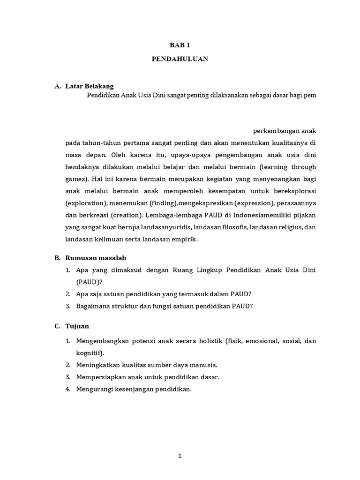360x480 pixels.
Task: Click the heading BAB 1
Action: (x=180, y=45)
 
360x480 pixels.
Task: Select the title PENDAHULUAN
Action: (x=180, y=60)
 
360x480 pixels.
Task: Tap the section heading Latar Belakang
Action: (x=90, y=86)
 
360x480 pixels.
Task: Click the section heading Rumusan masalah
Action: (x=96, y=258)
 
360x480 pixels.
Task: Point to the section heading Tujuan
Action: (x=77, y=326)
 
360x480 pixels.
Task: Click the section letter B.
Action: (x=57, y=258)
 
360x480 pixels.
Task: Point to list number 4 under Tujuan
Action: (x=68, y=389)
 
